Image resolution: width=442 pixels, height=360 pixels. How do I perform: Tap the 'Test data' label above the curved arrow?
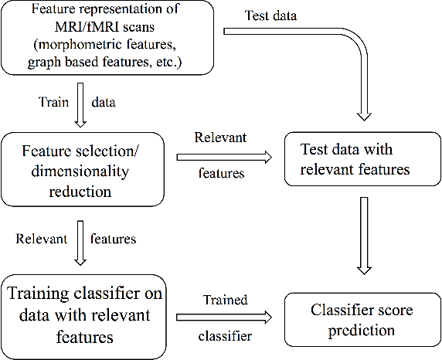(x=270, y=16)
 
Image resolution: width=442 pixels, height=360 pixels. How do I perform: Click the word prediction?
(x=362, y=331)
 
